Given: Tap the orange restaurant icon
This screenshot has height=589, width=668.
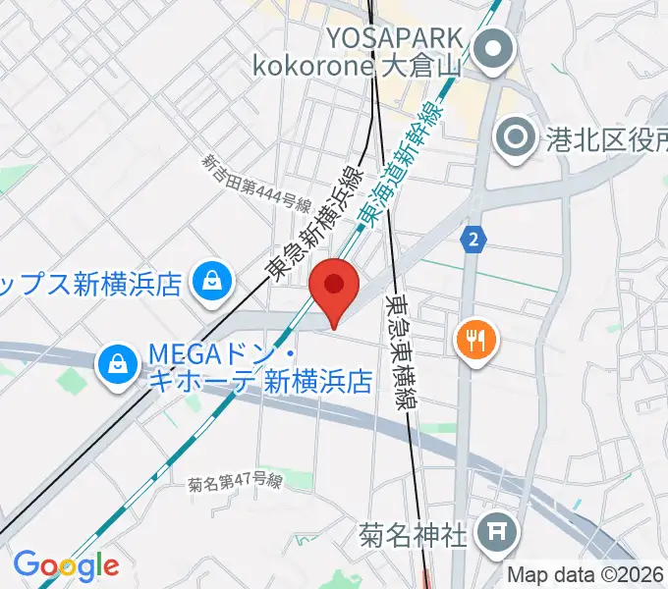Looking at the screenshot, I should (x=477, y=341).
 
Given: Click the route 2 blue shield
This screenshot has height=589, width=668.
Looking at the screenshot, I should (x=475, y=239).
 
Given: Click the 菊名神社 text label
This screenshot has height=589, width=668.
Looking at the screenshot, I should (x=412, y=536).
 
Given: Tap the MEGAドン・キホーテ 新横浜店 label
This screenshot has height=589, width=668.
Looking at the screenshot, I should (x=259, y=366).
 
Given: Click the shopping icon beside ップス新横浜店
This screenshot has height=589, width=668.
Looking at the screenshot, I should (x=210, y=284).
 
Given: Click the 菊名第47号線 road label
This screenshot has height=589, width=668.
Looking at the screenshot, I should (x=236, y=482).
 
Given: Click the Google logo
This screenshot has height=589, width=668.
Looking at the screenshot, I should (x=66, y=565).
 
